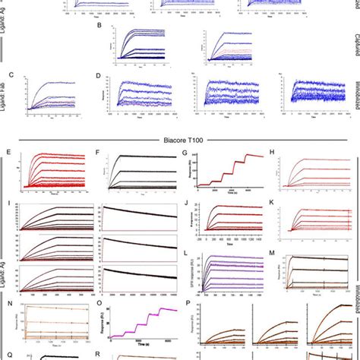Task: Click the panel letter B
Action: tap(101, 27)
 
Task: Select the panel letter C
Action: tap(10, 75)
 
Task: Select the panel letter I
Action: tap(8, 203)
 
